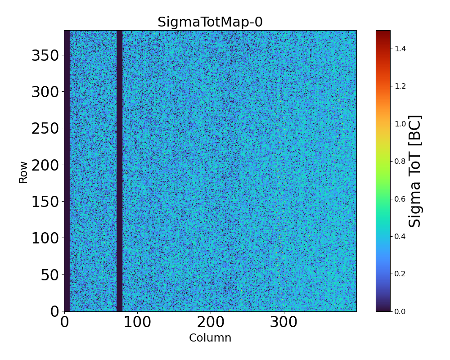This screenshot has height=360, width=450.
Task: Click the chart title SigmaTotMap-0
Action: tap(210, 22)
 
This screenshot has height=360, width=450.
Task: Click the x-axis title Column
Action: tap(210, 338)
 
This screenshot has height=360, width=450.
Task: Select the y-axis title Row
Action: tap(23, 172)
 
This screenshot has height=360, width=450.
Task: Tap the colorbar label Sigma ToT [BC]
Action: tap(415, 171)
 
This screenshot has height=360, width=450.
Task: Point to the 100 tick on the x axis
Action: tap(137, 322)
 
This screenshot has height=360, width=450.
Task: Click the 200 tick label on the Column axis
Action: tap(210, 322)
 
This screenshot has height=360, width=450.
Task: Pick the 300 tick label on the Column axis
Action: tap(283, 322)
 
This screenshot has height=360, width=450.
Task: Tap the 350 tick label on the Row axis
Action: tap(45, 55)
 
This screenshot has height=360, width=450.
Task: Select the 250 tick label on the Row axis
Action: tap(45, 129)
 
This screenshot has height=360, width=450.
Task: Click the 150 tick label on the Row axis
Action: tap(45, 202)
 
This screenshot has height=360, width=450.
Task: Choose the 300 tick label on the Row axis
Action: tap(45, 92)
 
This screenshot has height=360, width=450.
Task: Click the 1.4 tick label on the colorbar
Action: tap(400, 49)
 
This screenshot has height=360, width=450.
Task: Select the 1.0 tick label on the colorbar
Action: tap(400, 124)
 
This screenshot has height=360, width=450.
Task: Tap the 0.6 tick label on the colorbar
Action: tap(400, 199)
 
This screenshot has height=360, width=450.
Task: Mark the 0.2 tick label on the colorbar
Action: tap(400, 274)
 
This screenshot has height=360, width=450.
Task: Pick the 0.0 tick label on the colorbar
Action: tap(400, 311)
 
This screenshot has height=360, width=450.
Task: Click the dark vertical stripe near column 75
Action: tap(119, 171)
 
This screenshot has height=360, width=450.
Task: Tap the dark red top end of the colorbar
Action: tap(383, 34)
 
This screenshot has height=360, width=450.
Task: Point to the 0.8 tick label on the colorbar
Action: tap(400, 161)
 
